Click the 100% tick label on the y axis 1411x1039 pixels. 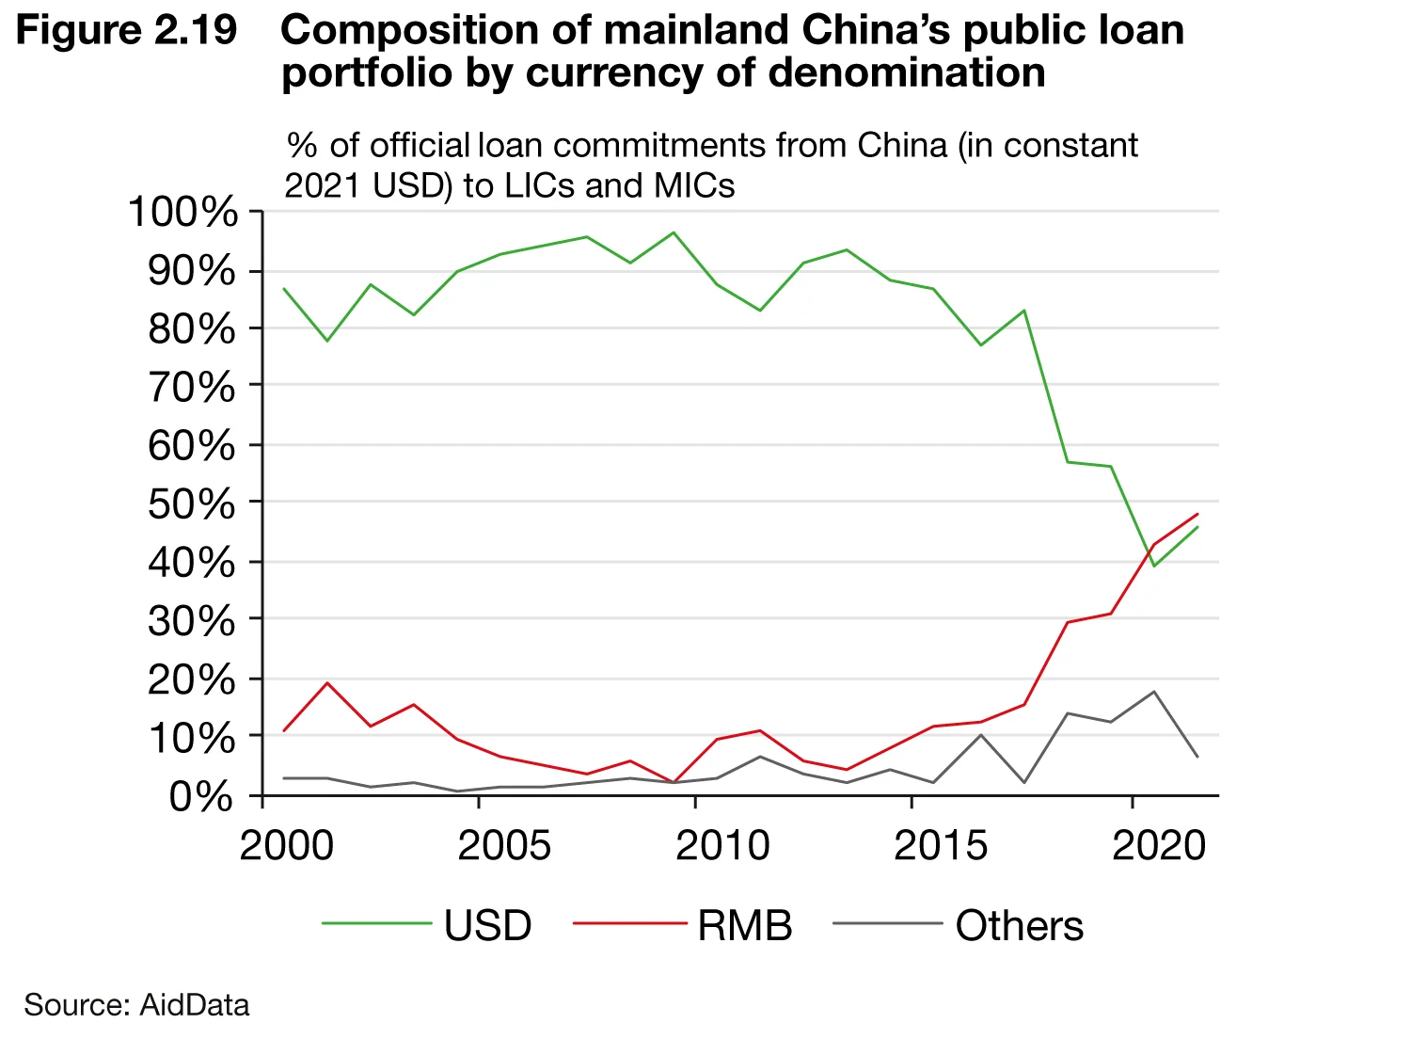[183, 213]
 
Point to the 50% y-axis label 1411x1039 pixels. [192, 504]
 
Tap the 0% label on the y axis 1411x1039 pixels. [200, 797]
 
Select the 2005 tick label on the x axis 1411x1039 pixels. [503, 845]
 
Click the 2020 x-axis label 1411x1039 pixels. [1158, 845]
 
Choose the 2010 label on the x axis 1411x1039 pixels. [721, 845]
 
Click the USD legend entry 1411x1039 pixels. [487, 926]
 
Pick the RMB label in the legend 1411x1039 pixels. [744, 926]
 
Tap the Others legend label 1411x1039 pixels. [1019, 926]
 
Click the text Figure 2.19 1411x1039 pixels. [127, 30]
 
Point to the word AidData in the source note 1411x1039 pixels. [195, 1005]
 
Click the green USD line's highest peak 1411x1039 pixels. [674, 232]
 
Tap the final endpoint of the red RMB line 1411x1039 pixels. [1197, 514]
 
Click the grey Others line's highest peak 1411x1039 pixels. [1153, 692]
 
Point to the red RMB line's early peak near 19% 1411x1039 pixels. [327, 683]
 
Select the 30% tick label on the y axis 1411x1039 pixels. [192, 621]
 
